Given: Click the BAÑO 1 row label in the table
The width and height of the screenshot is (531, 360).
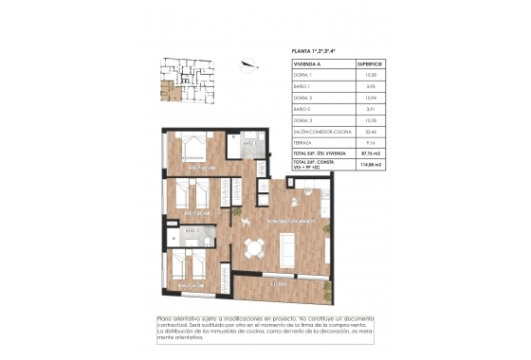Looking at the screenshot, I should coord(302,86).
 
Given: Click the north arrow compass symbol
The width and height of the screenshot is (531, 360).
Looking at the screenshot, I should coord(249,65).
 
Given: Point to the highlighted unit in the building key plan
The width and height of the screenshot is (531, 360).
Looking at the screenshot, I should coord(168,90).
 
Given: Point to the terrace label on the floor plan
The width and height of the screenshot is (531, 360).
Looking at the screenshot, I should coord(279,282).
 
